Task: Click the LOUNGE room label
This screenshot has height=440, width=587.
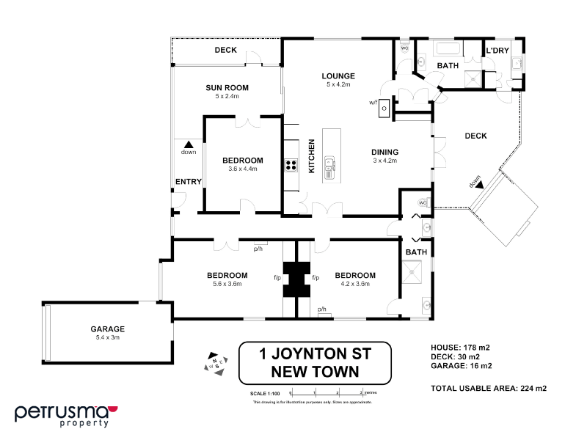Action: pyautogui.click(x=338, y=76)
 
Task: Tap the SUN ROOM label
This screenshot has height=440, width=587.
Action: pyautogui.click(x=227, y=87)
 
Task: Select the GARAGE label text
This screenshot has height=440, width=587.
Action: pyautogui.click(x=108, y=329)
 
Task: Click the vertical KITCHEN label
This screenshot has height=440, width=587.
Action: pyautogui.click(x=311, y=156)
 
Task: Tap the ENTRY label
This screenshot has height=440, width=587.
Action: pyautogui.click(x=183, y=182)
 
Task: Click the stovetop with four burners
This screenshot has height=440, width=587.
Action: pyautogui.click(x=291, y=166)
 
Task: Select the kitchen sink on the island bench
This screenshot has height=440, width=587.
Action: pyautogui.click(x=329, y=169)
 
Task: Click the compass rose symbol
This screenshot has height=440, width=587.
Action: pyautogui.click(x=215, y=363)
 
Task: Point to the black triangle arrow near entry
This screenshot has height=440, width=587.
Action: pyautogui.click(x=189, y=144)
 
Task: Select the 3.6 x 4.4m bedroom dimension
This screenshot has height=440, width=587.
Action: pyautogui.click(x=243, y=169)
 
